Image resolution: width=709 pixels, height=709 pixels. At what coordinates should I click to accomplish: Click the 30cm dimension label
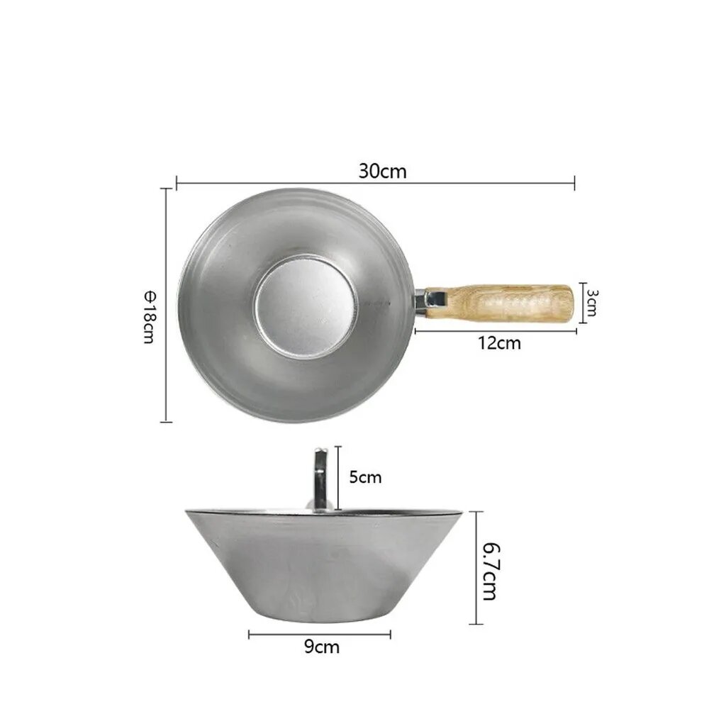click(x=383, y=172)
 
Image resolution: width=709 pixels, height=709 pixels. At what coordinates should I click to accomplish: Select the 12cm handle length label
click(x=500, y=343)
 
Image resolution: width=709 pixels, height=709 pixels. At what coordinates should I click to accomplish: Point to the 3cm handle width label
click(x=591, y=303)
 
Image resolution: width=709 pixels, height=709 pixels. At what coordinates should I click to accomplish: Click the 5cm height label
click(x=365, y=477)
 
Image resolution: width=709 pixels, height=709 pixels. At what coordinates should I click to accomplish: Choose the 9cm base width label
click(x=321, y=647)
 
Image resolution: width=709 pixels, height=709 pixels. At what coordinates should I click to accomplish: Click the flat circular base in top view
click(x=306, y=306)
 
